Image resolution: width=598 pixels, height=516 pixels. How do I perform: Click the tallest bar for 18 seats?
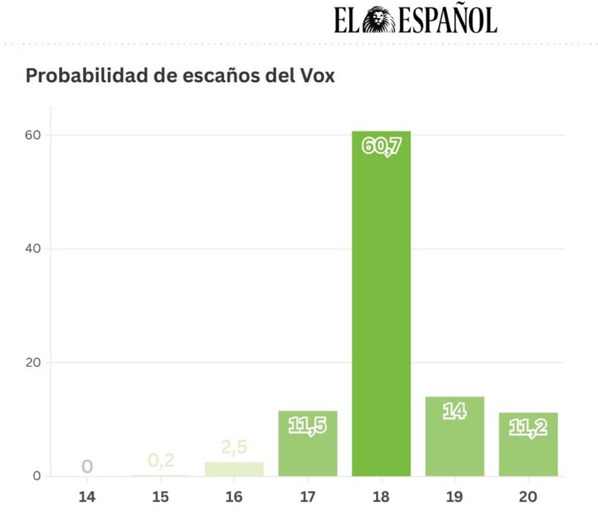(x=381, y=307)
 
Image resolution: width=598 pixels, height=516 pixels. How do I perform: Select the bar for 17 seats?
(x=307, y=450)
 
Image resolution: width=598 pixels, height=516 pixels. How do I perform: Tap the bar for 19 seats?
(x=454, y=444)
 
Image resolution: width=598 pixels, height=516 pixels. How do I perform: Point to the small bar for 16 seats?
(x=234, y=469)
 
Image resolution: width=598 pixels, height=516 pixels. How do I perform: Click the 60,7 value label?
(x=381, y=147)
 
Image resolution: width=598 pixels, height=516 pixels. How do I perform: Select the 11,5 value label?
(x=307, y=426)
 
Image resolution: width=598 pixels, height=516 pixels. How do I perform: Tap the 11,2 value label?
(x=528, y=428)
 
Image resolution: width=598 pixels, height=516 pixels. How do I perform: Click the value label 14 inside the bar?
(x=454, y=412)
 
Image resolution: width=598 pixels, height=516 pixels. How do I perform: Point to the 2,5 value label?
(x=234, y=447)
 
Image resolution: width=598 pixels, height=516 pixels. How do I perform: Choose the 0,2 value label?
(x=161, y=460)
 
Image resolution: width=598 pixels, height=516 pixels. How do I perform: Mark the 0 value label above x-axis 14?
(x=87, y=466)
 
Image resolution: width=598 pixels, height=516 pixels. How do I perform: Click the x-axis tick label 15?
(x=161, y=497)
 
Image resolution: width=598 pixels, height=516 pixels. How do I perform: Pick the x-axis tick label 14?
(x=87, y=497)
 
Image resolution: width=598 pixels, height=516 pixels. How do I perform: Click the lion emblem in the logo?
(x=379, y=20)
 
